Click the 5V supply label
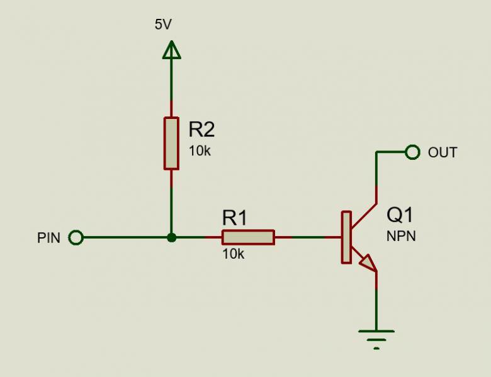pos(163,24)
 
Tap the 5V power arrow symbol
pos(172,50)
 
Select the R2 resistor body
pos(171,143)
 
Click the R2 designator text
pos(201,129)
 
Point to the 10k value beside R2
pos(200,151)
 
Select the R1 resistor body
pos(248,237)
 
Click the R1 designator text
pos(235,218)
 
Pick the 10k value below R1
pos(234,254)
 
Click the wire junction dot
pos(171,238)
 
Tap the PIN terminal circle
pos(76,237)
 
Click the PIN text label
pos(48,238)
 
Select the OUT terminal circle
pos(412,152)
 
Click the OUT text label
pos(443,152)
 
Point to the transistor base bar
pos(346,237)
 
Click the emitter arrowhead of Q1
pos(368,262)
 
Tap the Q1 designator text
pos(400,215)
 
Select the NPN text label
pos(401,236)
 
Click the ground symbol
pos(376,339)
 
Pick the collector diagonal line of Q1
pos(364,215)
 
